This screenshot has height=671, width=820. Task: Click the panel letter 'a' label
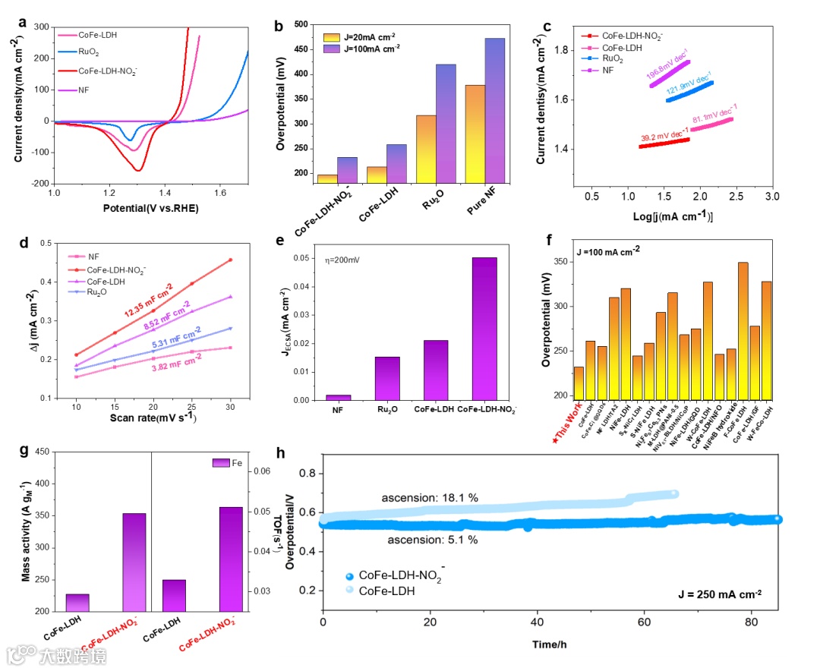pyautogui.click(x=23, y=22)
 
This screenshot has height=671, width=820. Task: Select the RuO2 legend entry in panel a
pyautogui.click(x=89, y=52)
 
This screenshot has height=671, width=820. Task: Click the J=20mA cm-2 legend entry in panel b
pyautogui.click(x=361, y=36)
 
